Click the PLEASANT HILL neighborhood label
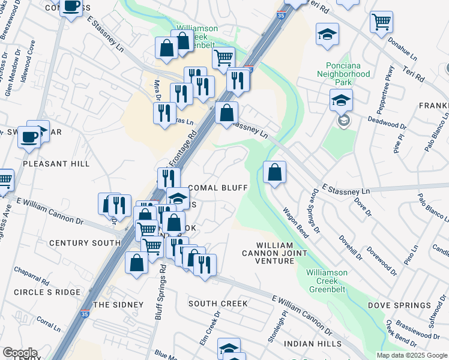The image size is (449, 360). (x=56, y=164)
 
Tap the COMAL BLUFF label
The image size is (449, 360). (x=218, y=188)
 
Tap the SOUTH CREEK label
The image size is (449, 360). (x=218, y=304)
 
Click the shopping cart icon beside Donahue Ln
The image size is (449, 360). (x=381, y=23)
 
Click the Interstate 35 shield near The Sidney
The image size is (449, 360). (x=85, y=314)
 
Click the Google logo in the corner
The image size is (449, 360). (x=20, y=353)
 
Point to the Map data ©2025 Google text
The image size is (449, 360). (x=411, y=355)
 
